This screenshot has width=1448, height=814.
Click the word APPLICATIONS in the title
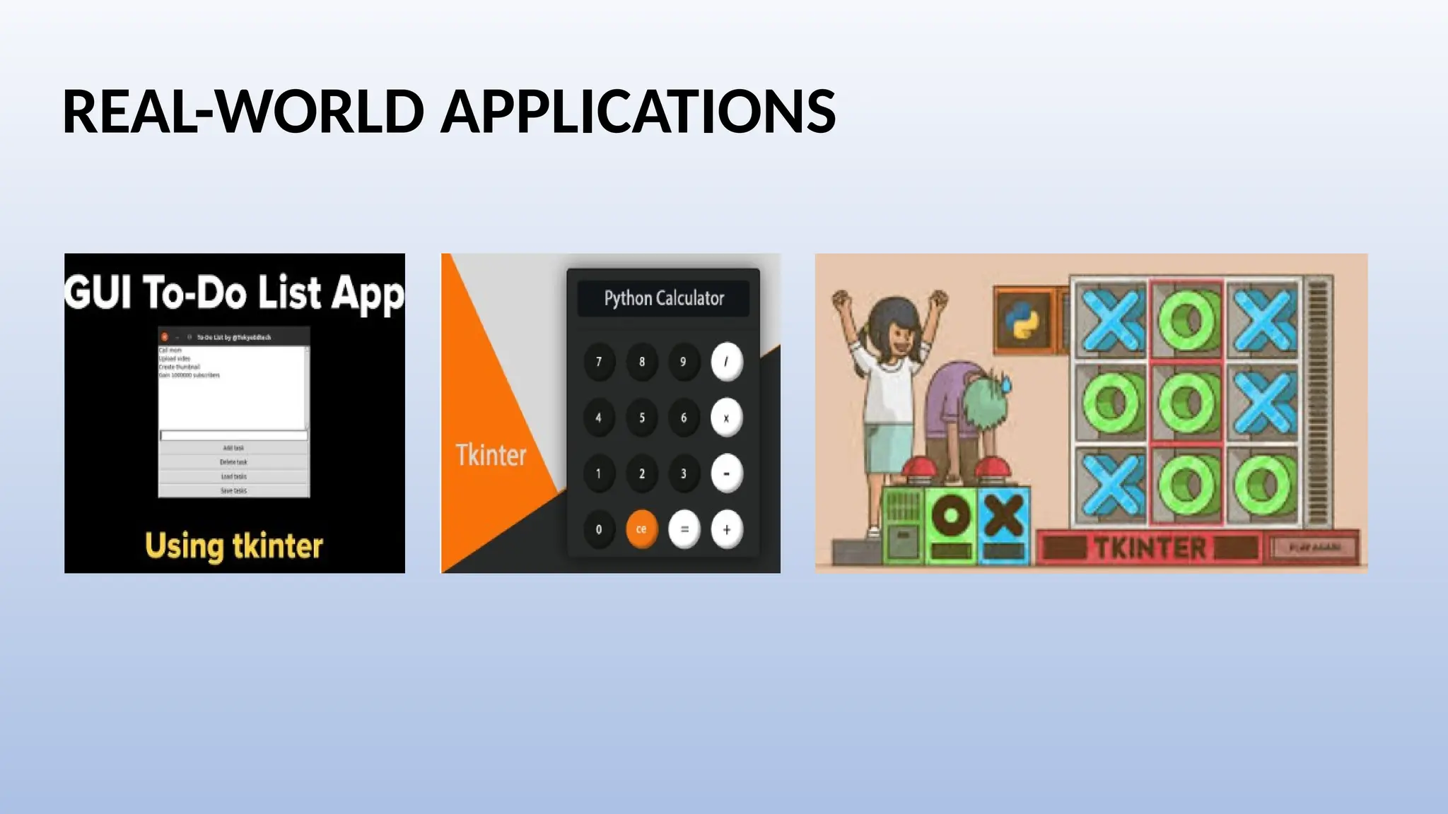tap(638, 112)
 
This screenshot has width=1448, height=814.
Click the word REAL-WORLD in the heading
tap(243, 112)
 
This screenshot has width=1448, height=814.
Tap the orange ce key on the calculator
tap(641, 529)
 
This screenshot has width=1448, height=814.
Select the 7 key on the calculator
tap(599, 362)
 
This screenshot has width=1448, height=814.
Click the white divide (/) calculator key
tap(726, 362)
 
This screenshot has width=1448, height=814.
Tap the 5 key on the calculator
tap(641, 418)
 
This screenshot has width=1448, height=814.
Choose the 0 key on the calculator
tap(599, 529)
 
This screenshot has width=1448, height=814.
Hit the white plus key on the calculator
tap(726, 529)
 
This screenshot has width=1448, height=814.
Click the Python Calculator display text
tap(664, 298)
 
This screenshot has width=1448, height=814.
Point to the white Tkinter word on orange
tap(491, 455)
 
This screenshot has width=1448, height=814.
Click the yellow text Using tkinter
tap(234, 546)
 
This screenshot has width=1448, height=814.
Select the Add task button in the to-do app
tap(233, 448)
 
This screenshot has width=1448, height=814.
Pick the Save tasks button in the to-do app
tap(233, 490)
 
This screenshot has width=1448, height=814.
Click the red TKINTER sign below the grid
tap(1150, 548)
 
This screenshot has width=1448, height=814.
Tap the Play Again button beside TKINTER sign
tap(1314, 548)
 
